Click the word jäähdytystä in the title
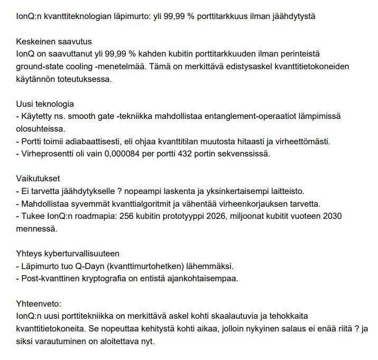(293, 16)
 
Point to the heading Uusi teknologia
(45, 104)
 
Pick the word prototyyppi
(187, 217)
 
